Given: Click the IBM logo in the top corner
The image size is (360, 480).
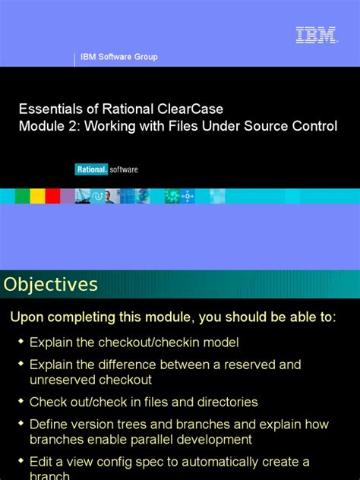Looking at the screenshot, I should [x=316, y=35].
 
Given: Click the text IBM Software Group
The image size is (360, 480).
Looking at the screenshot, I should [x=119, y=57].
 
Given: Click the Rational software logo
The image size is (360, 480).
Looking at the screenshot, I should [x=106, y=169].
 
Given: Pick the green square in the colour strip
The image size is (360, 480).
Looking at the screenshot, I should [x=22, y=196].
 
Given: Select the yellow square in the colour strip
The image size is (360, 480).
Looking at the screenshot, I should [x=38, y=196].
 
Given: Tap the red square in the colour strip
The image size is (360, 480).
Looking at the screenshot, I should [x=52, y=196].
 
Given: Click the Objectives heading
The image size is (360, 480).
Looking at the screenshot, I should [x=51, y=285].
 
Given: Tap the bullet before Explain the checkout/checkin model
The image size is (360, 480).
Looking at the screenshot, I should [x=21, y=343].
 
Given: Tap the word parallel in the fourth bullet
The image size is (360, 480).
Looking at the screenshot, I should [x=156, y=439].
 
